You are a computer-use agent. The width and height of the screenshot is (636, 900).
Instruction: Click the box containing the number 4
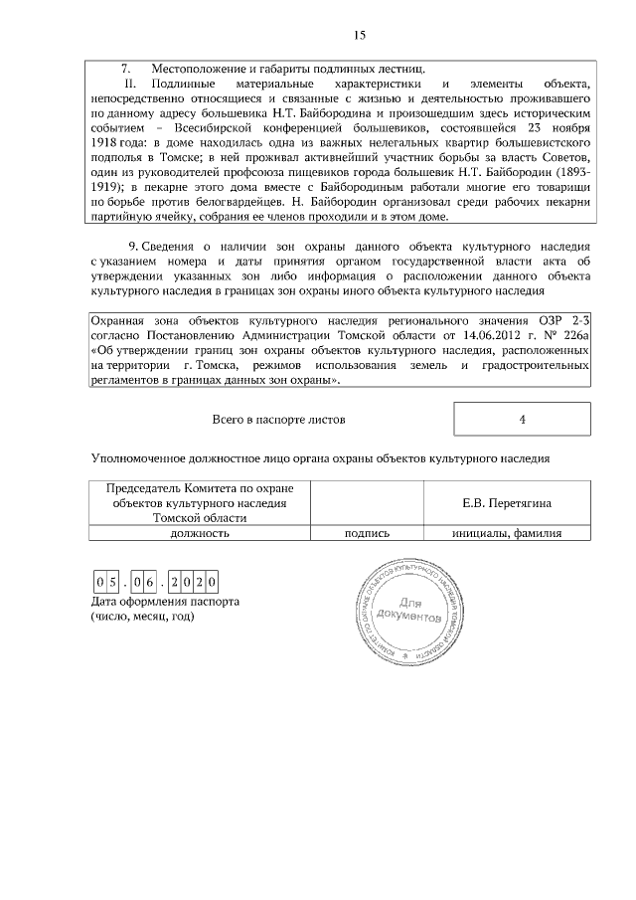522,420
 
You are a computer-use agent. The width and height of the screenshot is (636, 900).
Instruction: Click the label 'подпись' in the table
366,533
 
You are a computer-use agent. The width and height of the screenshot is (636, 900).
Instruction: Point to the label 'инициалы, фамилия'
507,533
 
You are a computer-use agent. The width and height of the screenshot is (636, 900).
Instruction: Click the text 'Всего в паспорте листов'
279,420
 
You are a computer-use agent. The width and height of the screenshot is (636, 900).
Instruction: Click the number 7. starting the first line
126,69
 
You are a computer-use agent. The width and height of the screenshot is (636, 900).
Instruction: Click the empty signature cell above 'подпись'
366,503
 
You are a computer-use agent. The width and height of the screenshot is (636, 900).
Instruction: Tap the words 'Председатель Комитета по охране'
200,488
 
